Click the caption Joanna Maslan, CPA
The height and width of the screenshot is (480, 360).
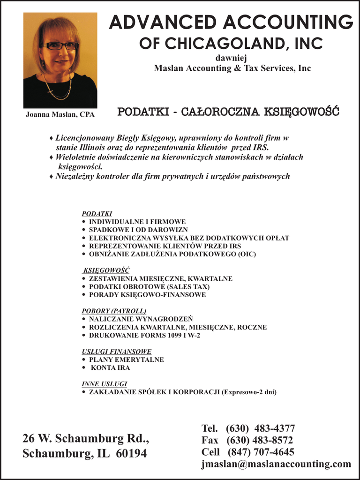(60, 114)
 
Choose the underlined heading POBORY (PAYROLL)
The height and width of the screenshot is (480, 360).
(114, 311)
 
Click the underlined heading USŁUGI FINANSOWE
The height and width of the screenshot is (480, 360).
(116, 352)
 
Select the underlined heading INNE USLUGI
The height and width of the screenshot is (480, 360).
(104, 384)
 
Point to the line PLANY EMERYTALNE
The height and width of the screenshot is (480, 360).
(126, 360)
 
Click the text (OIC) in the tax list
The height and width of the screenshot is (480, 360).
(247, 254)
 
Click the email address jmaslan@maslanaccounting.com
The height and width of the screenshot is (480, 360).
(276, 464)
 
